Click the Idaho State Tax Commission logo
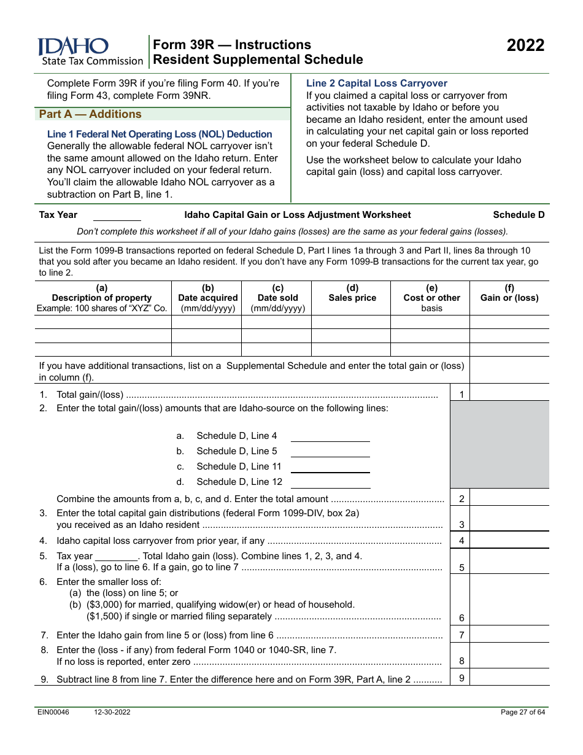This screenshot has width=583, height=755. [90, 52]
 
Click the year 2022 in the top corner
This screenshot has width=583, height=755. [525, 46]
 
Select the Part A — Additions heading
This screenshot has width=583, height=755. [90, 114]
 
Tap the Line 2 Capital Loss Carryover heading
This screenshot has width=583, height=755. [376, 83]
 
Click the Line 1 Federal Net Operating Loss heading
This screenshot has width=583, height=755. [160, 134]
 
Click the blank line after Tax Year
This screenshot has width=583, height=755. [117, 216]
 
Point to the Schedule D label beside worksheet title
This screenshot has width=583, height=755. [519, 215]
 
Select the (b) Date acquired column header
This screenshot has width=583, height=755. [207, 298]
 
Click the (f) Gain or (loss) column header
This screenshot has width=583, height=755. [509, 293]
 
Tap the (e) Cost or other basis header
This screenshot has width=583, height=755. [431, 298]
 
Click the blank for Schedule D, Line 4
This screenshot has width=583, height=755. [330, 436]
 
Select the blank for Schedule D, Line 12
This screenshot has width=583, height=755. [330, 482]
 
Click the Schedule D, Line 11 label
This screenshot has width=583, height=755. [239, 467]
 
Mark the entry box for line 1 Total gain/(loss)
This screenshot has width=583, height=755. [509, 393]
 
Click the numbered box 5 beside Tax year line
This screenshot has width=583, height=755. [461, 568]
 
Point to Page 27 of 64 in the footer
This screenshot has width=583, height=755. [522, 712]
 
